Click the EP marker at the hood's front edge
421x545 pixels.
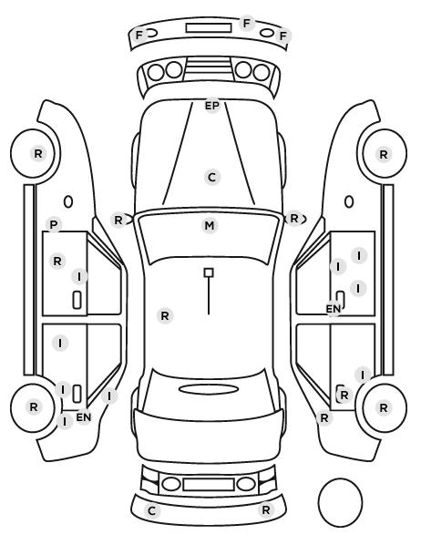click(212, 106)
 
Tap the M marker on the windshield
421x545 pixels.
click(210, 226)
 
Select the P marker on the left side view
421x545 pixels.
click(53, 224)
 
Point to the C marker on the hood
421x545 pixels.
click(211, 178)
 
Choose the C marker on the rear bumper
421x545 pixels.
click(151, 511)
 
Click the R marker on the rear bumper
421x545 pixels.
click(266, 509)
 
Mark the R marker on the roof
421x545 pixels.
click(165, 315)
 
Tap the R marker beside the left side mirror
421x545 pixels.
click(118, 220)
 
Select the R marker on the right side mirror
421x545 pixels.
click(294, 219)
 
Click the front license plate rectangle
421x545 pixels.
click(209, 28)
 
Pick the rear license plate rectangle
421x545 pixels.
click(209, 484)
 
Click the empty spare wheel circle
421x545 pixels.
click(340, 502)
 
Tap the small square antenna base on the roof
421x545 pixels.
click(209, 272)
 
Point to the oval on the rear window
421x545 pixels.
click(209, 389)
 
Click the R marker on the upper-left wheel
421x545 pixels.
click(38, 153)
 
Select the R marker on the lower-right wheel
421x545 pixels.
click(383, 407)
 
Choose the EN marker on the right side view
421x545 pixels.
click(333, 308)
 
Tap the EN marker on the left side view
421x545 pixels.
click(84, 417)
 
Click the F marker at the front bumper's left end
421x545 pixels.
click(139, 36)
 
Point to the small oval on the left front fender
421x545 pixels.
click(68, 201)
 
